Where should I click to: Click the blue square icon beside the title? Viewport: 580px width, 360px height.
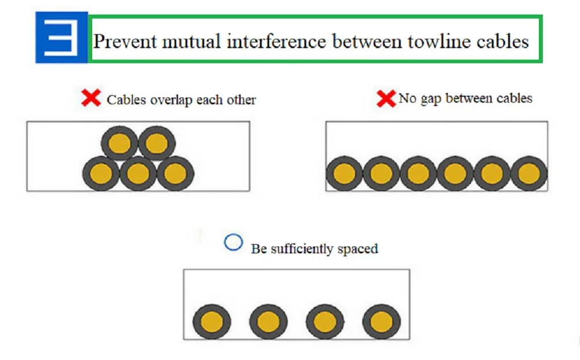[x=61, y=38]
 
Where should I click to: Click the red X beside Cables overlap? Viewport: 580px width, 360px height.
[x=91, y=98]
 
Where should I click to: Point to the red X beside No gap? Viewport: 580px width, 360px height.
[x=386, y=99]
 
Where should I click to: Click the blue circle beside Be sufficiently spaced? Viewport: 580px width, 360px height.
[x=233, y=243]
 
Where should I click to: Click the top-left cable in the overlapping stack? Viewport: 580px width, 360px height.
[x=120, y=143]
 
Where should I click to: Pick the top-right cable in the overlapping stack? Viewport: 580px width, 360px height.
[x=157, y=143]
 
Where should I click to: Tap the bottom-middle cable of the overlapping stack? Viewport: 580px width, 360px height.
[x=138, y=173]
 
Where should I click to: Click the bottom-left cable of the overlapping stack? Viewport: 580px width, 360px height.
[x=101, y=173]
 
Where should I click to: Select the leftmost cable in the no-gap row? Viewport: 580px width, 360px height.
[x=344, y=173]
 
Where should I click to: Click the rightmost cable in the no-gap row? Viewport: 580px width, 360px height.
[x=528, y=173]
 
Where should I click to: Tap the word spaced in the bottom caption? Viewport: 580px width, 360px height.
[x=357, y=249]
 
